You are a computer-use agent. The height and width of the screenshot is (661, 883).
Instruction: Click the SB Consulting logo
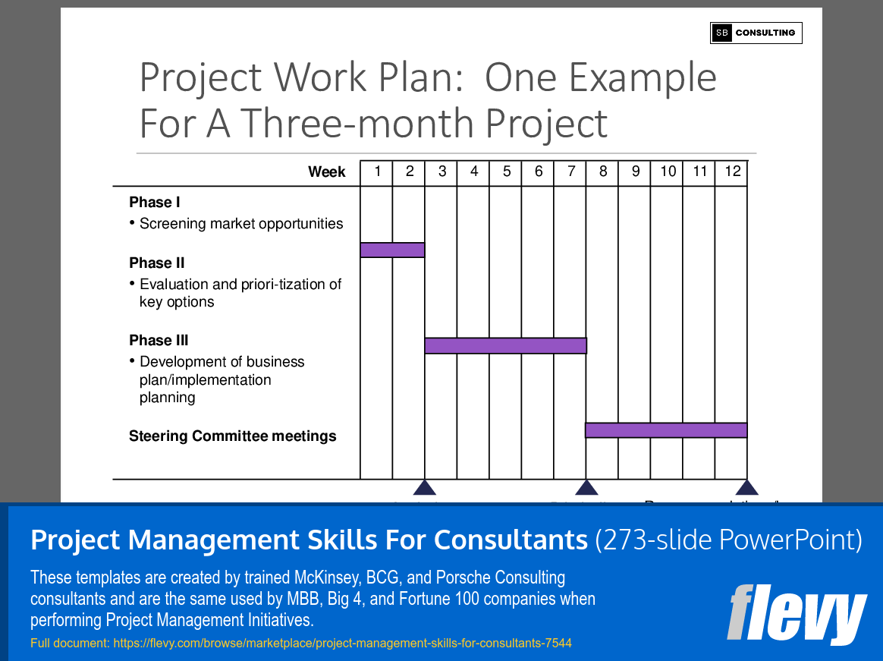click(756, 33)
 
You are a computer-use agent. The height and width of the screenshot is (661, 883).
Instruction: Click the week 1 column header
click(377, 172)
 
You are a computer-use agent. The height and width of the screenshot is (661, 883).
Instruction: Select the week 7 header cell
click(570, 172)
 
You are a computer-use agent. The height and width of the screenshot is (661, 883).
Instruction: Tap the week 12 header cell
click(732, 172)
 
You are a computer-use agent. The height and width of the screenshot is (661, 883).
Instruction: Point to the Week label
click(327, 172)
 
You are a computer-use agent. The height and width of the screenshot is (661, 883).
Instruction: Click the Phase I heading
click(155, 203)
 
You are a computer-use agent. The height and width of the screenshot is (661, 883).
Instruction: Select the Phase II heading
click(157, 263)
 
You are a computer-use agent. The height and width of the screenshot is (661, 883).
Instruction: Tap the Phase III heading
click(159, 341)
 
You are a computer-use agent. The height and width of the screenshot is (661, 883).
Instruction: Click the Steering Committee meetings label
click(232, 436)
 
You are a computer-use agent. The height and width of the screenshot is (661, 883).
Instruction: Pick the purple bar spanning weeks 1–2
click(392, 250)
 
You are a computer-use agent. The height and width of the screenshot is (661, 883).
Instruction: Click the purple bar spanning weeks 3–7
click(505, 346)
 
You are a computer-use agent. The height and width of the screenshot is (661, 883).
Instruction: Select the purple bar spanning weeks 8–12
click(666, 430)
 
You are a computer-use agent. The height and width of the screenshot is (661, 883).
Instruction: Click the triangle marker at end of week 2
click(425, 488)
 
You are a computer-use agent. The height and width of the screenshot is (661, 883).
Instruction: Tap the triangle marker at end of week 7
click(586, 488)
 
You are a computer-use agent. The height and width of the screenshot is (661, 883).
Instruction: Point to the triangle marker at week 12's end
click(747, 488)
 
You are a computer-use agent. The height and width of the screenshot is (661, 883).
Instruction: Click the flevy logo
click(797, 614)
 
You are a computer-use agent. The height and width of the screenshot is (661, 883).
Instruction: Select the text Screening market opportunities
click(241, 224)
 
